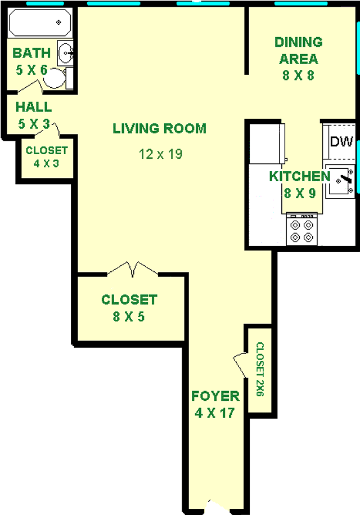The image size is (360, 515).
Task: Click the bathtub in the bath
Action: pyautogui.click(x=40, y=23)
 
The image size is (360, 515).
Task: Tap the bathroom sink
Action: pyautogui.click(x=65, y=53)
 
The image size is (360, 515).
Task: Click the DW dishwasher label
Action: pyautogui.click(x=341, y=142)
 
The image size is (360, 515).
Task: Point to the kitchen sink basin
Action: pyautogui.click(x=340, y=181)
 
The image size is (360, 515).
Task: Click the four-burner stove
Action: pyautogui.click(x=301, y=229)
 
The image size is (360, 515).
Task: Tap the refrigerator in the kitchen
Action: pyautogui.click(x=267, y=143)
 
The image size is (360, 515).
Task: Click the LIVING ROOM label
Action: pyautogui.click(x=160, y=128)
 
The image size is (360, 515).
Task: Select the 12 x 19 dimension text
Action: pyautogui.click(x=160, y=154)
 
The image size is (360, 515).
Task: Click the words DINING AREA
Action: pyautogui.click(x=299, y=51)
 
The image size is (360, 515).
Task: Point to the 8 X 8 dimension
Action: pyautogui.click(x=298, y=75)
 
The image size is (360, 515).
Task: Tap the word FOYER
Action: pyautogui.click(x=215, y=396)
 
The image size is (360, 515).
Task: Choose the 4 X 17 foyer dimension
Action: pyautogui.click(x=215, y=413)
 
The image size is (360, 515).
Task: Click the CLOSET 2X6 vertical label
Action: pyautogui.click(x=260, y=369)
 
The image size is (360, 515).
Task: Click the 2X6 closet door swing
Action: pyautogui.click(x=240, y=365)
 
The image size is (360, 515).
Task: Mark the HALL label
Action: pyautogui.click(x=34, y=107)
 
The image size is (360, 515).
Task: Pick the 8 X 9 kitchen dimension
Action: pyautogui.click(x=300, y=193)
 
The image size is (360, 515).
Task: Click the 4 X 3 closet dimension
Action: pyautogui.click(x=46, y=163)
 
